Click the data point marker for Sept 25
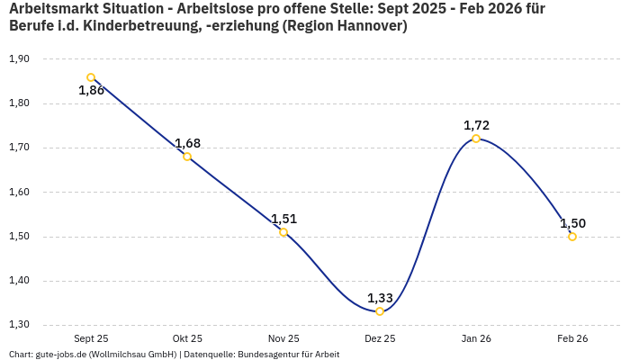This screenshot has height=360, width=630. pyautogui.click(x=91, y=77)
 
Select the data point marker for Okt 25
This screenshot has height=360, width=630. pyautogui.click(x=187, y=157)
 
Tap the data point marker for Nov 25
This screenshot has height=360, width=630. pyautogui.click(x=283, y=232)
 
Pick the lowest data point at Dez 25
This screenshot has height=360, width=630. pyautogui.click(x=380, y=311)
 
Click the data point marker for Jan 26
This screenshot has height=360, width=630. pyautogui.click(x=476, y=139)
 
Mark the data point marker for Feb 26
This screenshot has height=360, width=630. pyautogui.click(x=572, y=237)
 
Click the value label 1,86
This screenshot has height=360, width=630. pyautogui.click(x=91, y=91)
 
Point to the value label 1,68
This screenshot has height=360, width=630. pyautogui.click(x=187, y=143)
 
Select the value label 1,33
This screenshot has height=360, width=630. pyautogui.click(x=380, y=298)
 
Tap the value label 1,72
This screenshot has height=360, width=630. pyautogui.click(x=476, y=125)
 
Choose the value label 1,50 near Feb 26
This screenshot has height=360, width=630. pyautogui.click(x=572, y=223)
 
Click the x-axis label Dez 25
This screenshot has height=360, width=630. pyautogui.click(x=380, y=338)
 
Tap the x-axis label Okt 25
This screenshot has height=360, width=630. pyautogui.click(x=187, y=338)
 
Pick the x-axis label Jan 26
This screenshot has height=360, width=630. pyautogui.click(x=476, y=338)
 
